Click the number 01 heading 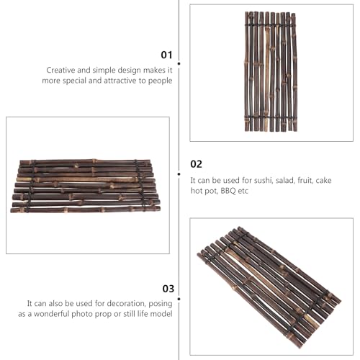coord(166,55)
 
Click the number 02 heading coord(196,164)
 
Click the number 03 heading coord(168,289)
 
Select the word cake coord(323,180)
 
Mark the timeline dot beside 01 coord(179,63)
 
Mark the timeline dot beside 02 coord(179,174)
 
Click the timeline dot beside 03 coord(179,299)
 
